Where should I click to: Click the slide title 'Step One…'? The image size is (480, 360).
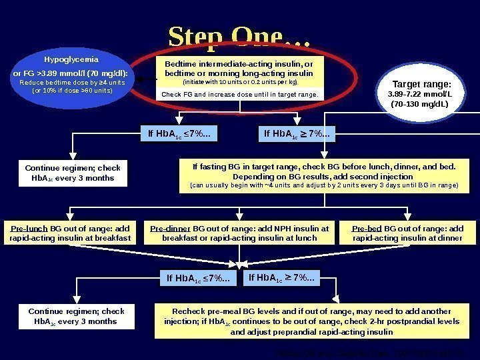tap(239, 39)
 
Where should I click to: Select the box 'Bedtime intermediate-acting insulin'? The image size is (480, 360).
tap(239, 69)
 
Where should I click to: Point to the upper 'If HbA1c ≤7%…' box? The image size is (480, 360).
tap(181, 135)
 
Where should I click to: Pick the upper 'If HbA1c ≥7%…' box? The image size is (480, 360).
tap(297, 135)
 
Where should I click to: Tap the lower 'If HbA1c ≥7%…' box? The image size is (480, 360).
tap(283, 277)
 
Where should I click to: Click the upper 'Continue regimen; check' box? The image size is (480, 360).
tap(73, 173)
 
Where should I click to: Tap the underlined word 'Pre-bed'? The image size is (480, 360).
tap(366, 228)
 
